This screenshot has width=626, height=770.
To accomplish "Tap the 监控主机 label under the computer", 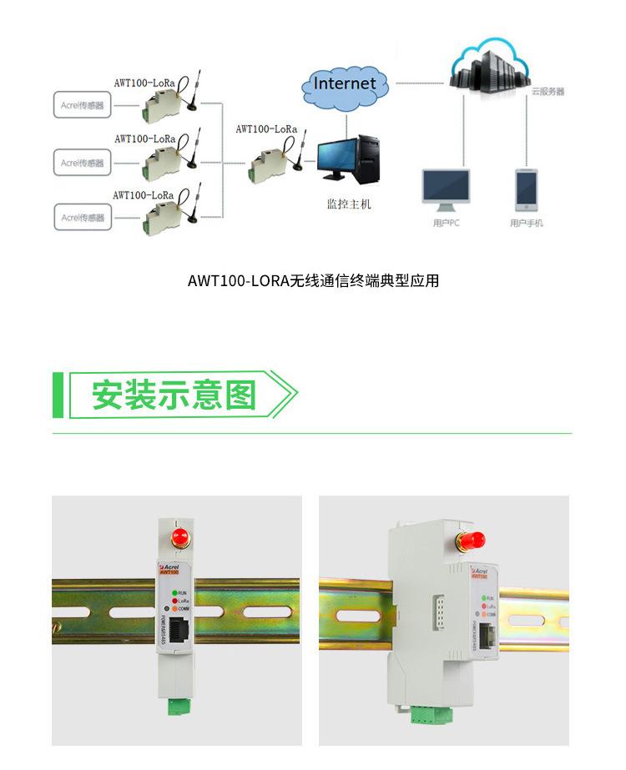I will tap(348, 204).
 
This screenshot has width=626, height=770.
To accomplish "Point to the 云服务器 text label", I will tap(548, 91).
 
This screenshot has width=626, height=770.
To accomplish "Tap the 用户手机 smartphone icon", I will tap(526, 189).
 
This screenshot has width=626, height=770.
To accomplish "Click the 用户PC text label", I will tap(447, 224).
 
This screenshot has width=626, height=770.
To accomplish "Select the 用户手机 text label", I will tap(527, 224).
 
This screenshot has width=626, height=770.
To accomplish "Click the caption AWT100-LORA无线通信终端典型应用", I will tap(313, 281).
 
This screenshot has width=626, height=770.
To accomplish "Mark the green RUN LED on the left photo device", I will tap(174, 592).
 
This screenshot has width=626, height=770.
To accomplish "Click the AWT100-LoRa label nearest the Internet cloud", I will tap(267, 129).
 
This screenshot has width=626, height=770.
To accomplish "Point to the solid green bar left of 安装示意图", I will tap(58, 395).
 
